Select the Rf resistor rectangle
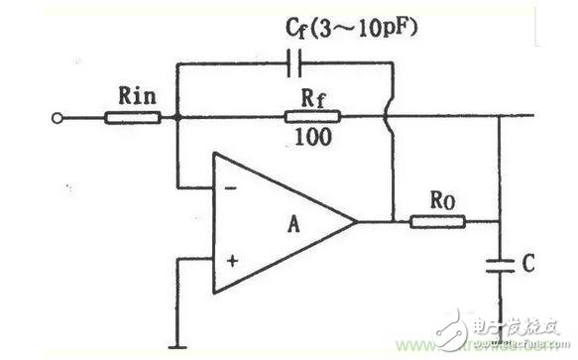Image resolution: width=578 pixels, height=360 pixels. point(309,118)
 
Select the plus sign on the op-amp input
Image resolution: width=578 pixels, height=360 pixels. point(232,260)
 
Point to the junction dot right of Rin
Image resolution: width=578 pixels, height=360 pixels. point(178,119)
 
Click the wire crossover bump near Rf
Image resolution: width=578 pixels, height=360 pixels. point(395,119)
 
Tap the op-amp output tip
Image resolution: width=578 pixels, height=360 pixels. point(358,220)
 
